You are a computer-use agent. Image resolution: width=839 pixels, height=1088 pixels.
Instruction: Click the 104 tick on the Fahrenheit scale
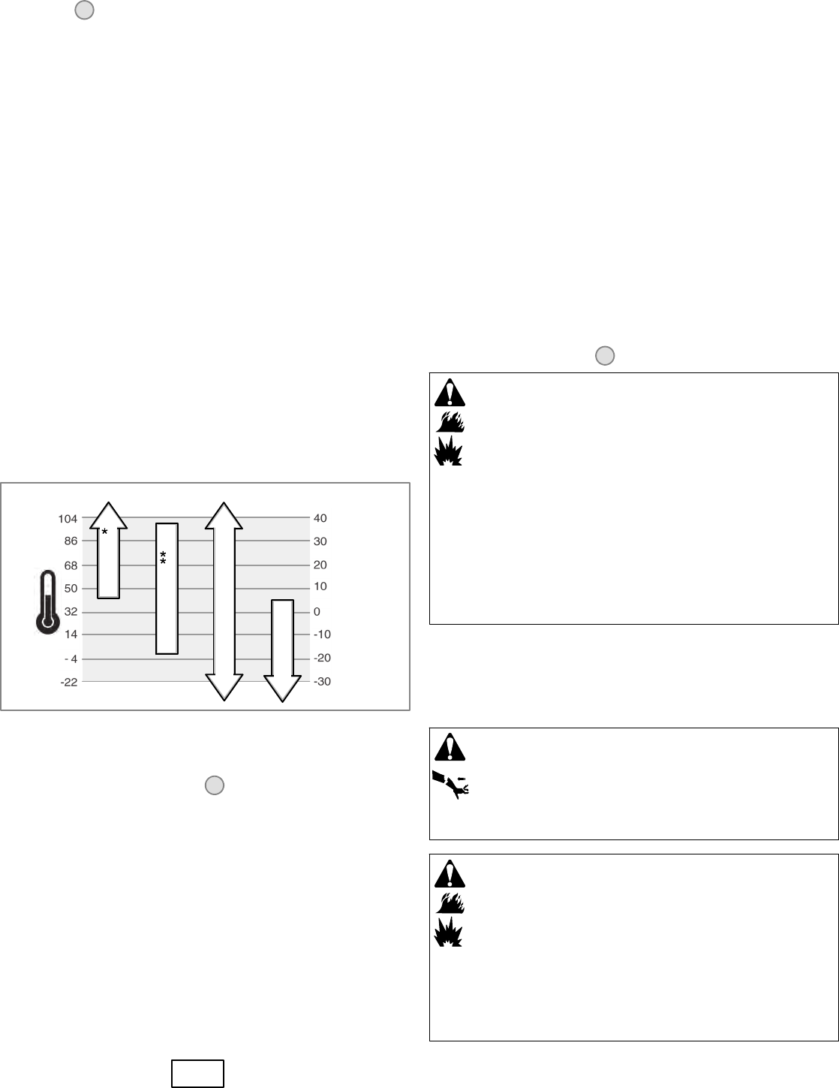[x=68, y=519]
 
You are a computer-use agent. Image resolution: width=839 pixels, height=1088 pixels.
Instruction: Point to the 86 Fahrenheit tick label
[x=71, y=541]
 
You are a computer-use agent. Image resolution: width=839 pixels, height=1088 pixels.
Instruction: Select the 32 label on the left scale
[x=71, y=612]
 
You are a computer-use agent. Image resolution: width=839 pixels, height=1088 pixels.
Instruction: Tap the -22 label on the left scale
[x=69, y=682]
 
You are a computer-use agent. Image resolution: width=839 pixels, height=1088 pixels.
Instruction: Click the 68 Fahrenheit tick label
[x=71, y=565]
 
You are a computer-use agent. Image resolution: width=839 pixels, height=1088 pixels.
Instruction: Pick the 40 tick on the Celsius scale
[x=320, y=519]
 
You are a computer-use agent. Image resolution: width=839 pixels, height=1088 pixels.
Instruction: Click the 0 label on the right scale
[x=317, y=612]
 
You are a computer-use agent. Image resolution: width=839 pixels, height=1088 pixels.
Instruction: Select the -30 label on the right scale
[x=322, y=682]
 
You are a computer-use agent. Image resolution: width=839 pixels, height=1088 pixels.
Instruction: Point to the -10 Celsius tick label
[x=322, y=634]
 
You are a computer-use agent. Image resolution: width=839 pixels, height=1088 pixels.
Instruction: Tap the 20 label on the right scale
[x=320, y=565]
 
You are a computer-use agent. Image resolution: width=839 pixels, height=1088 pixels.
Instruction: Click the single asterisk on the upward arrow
[x=105, y=532]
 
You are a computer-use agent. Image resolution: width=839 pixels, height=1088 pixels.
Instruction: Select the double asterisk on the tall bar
[x=163, y=557]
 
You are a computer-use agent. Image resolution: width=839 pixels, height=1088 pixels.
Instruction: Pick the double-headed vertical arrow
[x=224, y=601]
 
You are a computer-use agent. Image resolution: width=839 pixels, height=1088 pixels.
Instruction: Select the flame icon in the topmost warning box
[x=450, y=421]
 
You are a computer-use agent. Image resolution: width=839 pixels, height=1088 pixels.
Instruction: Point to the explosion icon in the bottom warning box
[x=450, y=931]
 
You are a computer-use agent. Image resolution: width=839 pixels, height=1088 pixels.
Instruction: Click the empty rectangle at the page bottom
[x=197, y=1074]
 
